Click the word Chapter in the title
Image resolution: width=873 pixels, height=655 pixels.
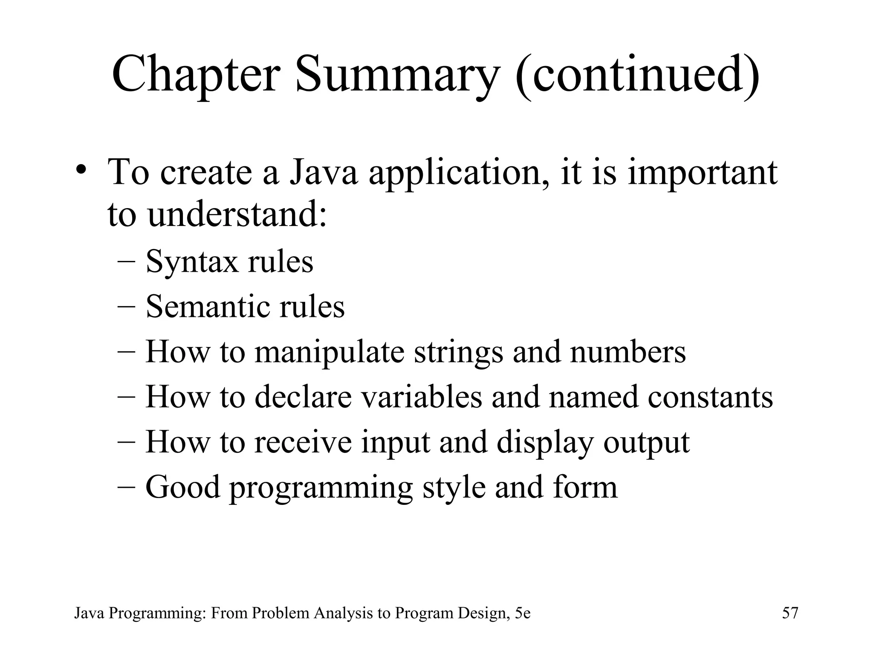pos(196,75)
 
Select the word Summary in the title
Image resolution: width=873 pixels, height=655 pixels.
pos(396,75)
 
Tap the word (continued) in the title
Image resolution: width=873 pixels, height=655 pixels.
pos(638,75)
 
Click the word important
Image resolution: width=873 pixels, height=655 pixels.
pos(702,173)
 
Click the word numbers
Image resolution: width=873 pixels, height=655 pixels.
pos(627,352)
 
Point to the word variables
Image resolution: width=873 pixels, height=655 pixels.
pos(422,397)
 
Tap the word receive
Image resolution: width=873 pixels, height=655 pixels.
pos(303,442)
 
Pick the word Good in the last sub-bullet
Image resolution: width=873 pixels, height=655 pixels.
pos(183,487)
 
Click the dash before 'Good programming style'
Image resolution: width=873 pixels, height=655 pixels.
pos(126,487)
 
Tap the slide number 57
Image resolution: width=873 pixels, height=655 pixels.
pos(790,613)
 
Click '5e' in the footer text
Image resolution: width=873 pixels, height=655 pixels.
pos(523,613)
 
